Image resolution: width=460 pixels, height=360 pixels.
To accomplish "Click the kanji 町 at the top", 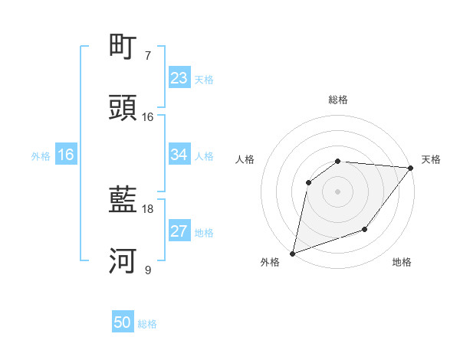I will tap(123, 47).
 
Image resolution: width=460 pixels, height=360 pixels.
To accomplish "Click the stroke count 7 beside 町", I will tap(147, 56).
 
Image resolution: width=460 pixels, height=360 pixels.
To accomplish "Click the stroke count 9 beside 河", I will tap(147, 270).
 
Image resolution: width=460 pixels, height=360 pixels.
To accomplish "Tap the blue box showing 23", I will tap(179, 78).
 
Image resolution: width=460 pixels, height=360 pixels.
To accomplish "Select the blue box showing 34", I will tap(179, 155).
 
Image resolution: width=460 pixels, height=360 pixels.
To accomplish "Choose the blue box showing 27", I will tap(179, 231).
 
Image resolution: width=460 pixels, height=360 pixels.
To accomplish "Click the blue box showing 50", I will tap(123, 323).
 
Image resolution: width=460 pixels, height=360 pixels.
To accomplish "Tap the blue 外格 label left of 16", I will tap(41, 155).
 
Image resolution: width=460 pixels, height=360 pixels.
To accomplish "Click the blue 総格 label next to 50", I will tap(147, 324).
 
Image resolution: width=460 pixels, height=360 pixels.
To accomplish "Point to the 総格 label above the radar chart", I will tap(338, 100).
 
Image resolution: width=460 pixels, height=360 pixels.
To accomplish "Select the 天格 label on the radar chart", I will tap(431, 159).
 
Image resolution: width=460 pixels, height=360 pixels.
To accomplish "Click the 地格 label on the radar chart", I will tap(402, 263).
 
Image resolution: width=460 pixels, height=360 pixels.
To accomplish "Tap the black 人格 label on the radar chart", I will tap(245, 159).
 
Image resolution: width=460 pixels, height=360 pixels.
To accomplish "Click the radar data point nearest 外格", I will tap(292, 253).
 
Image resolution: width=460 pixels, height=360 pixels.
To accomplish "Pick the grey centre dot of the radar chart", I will tap(337, 191).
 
